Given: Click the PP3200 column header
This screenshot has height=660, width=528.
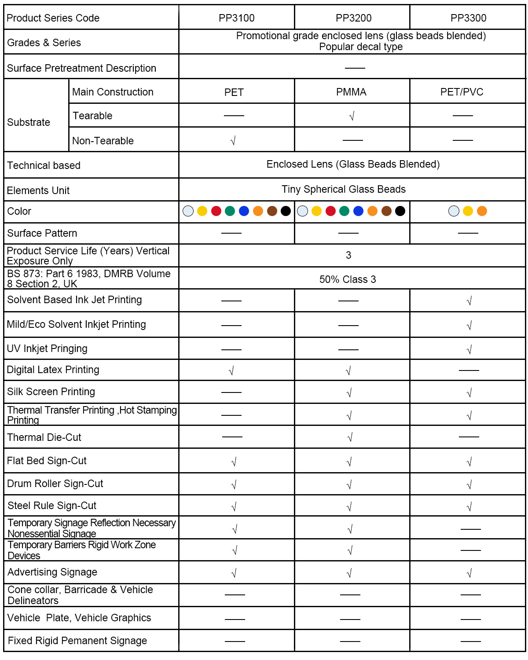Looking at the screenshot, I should (x=353, y=18).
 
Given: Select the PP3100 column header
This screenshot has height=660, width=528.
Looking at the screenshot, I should (x=236, y=18).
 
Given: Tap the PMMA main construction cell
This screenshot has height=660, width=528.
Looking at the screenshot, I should (x=351, y=92).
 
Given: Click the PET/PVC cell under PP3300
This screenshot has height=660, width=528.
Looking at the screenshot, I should (x=462, y=92).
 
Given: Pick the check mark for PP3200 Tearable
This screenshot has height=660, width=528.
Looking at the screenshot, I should (x=352, y=116).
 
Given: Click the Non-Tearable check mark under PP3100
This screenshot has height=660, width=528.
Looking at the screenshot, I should (x=233, y=141).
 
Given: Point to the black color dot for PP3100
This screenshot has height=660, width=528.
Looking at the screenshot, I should (x=286, y=211).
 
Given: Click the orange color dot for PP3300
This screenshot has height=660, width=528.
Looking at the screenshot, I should (x=482, y=211).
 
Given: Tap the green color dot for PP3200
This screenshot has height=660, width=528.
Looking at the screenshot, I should (x=345, y=211).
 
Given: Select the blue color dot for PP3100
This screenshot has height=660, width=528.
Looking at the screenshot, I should (x=244, y=211).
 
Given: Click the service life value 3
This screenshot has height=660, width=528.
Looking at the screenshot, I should (x=348, y=256).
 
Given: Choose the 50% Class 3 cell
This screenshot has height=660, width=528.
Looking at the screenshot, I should (x=348, y=279).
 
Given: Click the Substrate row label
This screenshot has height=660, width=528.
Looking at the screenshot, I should (x=29, y=122).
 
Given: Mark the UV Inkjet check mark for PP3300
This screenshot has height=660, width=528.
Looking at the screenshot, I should (x=469, y=350).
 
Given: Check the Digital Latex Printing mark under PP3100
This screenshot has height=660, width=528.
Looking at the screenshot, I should (x=231, y=371).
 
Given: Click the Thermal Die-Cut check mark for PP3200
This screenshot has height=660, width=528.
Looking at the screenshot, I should (x=350, y=437).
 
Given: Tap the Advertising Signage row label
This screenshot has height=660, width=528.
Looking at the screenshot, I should (x=52, y=572).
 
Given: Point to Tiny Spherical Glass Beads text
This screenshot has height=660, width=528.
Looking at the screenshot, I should (x=344, y=189).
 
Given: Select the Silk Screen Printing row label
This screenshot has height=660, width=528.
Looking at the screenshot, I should (x=51, y=392).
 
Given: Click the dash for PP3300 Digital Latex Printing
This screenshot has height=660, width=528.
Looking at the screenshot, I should (x=469, y=370).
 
